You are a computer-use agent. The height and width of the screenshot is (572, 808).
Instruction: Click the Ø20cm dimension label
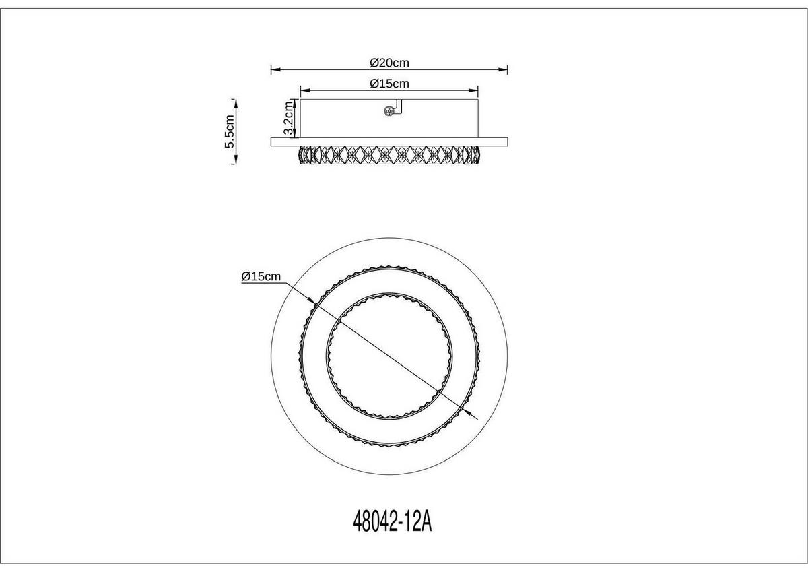pyautogui.click(x=390, y=63)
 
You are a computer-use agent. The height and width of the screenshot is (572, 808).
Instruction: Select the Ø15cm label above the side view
pyautogui.click(x=390, y=84)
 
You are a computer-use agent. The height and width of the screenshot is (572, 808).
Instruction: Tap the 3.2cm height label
pyautogui.click(x=288, y=119)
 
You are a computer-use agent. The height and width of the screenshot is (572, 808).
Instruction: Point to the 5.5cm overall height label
pyautogui.click(x=230, y=131)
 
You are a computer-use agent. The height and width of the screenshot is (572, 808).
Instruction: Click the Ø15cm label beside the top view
pyautogui.click(x=261, y=277)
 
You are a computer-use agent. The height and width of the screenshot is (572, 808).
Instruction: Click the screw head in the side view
pyautogui.click(x=389, y=112)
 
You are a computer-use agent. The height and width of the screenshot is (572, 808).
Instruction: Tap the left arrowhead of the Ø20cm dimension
pyautogui.click(x=273, y=69)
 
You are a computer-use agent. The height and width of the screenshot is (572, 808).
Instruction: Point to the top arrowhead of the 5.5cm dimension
pyautogui.click(x=236, y=102)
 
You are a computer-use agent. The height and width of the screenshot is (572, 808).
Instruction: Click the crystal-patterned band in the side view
pyautogui.click(x=389, y=154)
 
